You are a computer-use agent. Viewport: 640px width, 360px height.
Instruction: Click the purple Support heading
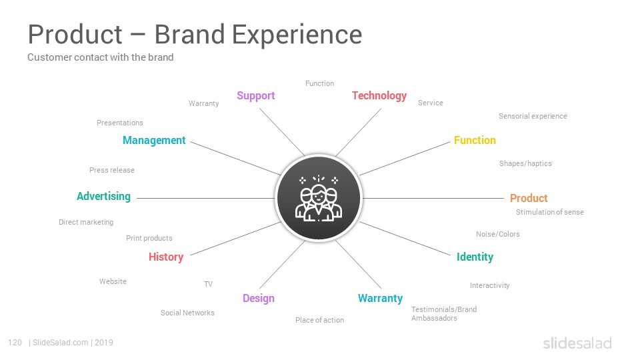[x=256, y=96]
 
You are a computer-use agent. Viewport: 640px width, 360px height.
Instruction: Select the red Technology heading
[x=379, y=96]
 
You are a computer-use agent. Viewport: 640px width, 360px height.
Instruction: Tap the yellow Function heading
[x=475, y=140]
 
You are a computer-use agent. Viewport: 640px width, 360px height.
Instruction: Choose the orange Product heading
[x=529, y=198]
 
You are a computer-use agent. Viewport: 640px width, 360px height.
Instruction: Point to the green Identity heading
[x=475, y=257]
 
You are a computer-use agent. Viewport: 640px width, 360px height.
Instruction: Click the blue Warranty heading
[x=380, y=299]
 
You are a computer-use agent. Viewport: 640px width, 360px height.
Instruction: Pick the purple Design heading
[x=259, y=299]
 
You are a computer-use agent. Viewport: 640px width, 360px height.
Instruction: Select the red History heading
[x=166, y=257]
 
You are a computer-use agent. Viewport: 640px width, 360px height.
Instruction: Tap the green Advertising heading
[x=104, y=196]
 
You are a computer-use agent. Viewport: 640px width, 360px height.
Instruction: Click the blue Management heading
[x=154, y=141]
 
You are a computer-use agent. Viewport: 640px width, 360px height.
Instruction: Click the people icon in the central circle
[x=319, y=198]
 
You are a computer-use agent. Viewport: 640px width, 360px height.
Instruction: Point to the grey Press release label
[x=112, y=170]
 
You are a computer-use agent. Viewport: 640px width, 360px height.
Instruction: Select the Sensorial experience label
[x=533, y=116]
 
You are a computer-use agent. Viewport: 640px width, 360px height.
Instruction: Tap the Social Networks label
[x=187, y=313]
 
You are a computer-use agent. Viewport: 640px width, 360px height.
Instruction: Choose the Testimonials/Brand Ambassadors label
[x=444, y=314]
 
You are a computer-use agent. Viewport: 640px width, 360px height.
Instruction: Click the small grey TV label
[x=208, y=284]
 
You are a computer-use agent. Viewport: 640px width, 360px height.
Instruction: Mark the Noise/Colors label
[x=497, y=234]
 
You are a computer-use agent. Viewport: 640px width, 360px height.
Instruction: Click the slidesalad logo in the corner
[x=577, y=343]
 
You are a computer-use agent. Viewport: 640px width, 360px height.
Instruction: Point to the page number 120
[x=15, y=343]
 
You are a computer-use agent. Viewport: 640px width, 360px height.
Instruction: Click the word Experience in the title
[x=297, y=35]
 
